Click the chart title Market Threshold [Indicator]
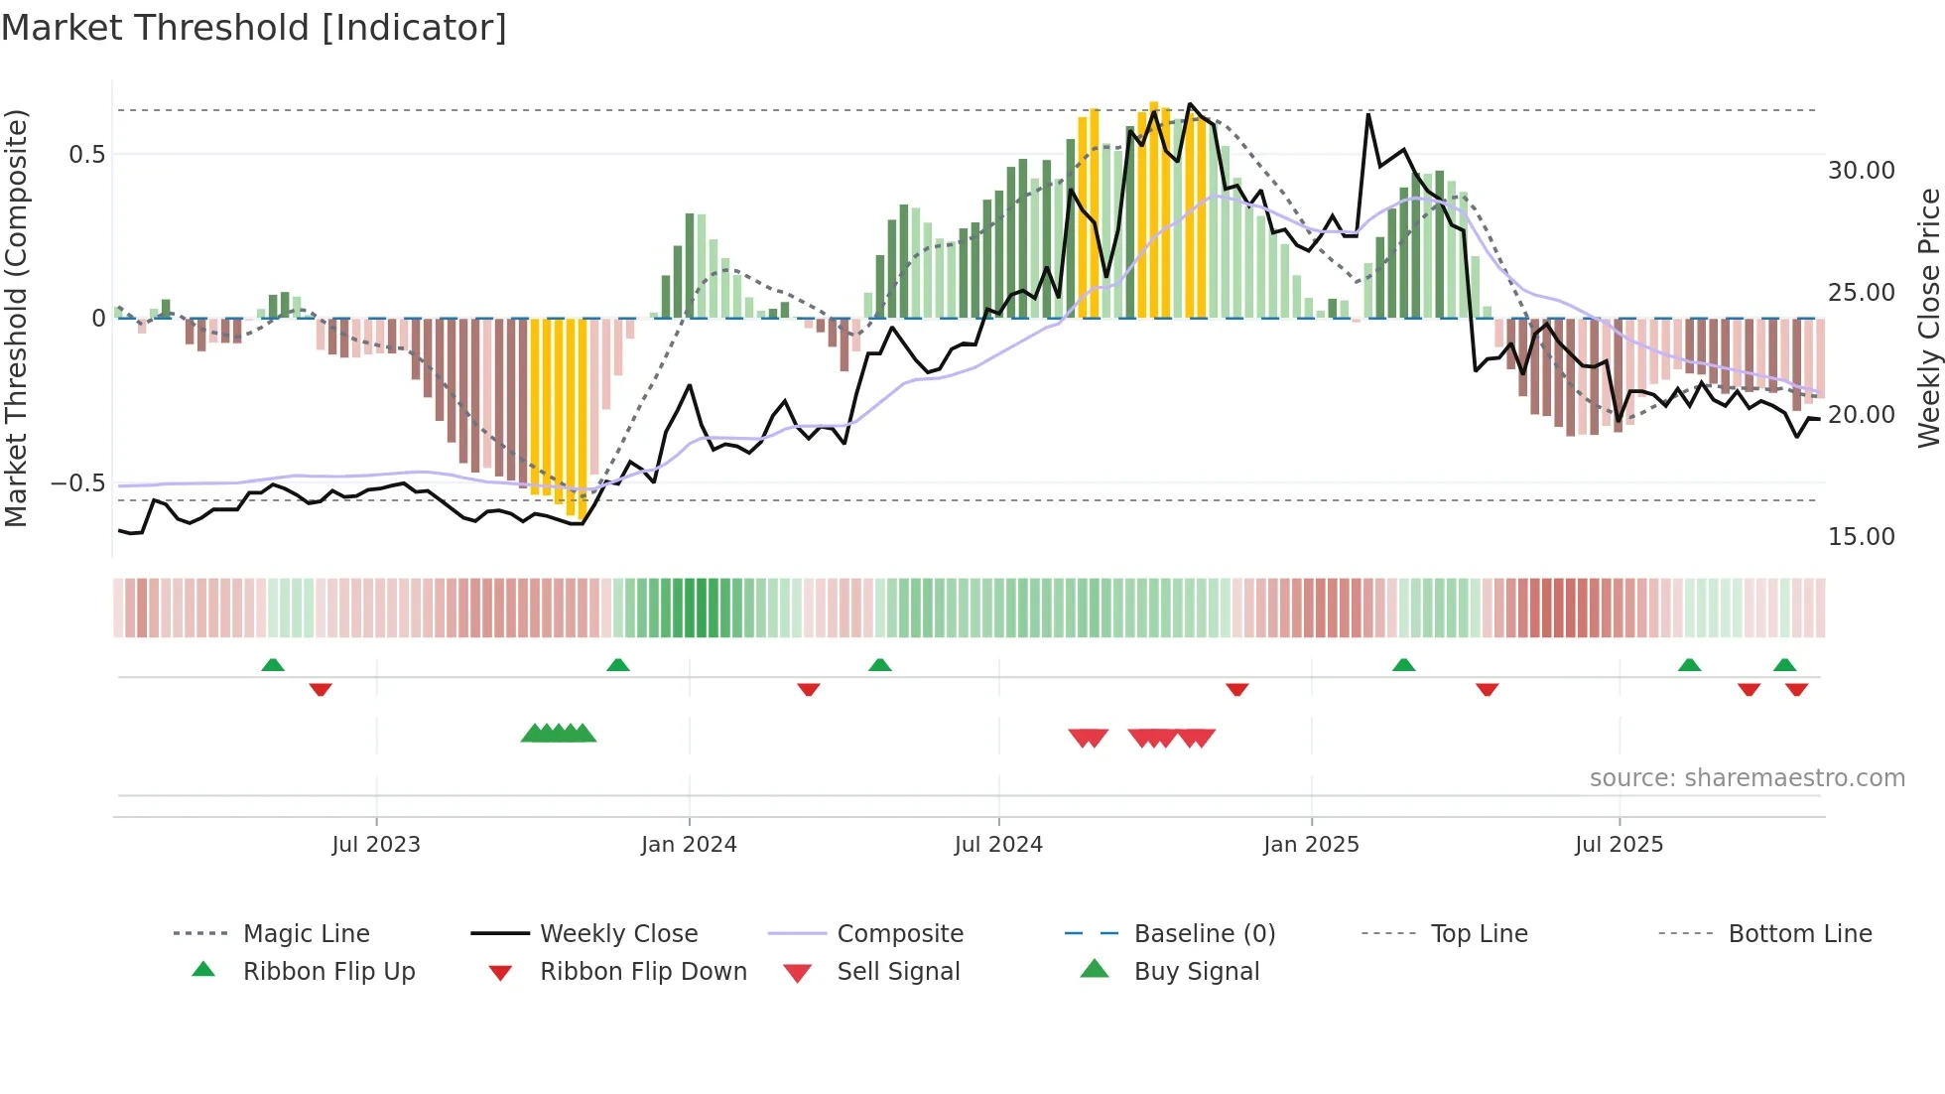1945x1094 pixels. (x=254, y=28)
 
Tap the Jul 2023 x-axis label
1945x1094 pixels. (x=376, y=845)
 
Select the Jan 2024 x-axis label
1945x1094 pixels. (x=689, y=845)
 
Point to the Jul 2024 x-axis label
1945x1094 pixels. (x=998, y=845)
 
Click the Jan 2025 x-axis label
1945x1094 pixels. (x=1311, y=845)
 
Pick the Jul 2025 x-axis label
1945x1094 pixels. (x=1619, y=845)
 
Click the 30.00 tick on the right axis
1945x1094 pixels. (x=1861, y=171)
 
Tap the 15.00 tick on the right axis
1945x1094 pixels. (x=1861, y=537)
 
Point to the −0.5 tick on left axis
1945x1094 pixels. (x=78, y=483)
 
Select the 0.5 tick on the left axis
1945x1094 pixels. (x=86, y=155)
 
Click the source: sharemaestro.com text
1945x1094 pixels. (x=1747, y=778)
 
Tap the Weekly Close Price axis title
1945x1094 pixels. (x=1928, y=318)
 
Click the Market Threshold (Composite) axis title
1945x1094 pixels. (x=16, y=318)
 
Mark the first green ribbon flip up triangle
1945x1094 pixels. (x=273, y=665)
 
